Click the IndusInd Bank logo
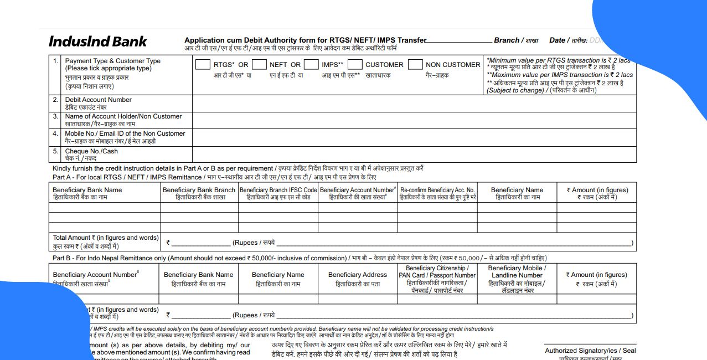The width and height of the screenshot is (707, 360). pyautogui.click(x=98, y=42)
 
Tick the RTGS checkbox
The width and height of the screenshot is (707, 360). pyautogui.click(x=203, y=65)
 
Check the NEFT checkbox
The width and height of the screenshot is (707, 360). pyautogui.click(x=259, y=65)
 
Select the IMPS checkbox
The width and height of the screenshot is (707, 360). pyautogui.click(x=311, y=65)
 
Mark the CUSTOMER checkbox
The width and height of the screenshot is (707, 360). pyautogui.click(x=355, y=65)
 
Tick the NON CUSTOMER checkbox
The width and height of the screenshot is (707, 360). pyautogui.click(x=415, y=65)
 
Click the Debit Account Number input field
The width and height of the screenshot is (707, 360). pyautogui.click(x=414, y=104)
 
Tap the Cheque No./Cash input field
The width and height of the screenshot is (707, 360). pyautogui.click(x=414, y=155)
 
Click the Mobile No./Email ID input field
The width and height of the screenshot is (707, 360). pyautogui.click(x=414, y=137)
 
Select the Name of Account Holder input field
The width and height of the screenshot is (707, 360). pyautogui.click(x=414, y=120)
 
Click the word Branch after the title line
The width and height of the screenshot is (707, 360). pyautogui.click(x=507, y=40)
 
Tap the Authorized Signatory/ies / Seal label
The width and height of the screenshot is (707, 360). pyautogui.click(x=590, y=351)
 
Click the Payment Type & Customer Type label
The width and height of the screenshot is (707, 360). pyautogui.click(x=112, y=65)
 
